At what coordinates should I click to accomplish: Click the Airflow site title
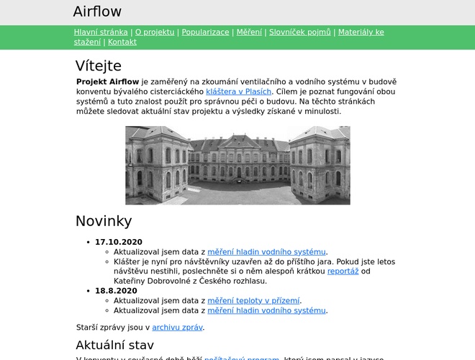(97, 12)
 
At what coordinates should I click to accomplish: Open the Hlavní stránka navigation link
(101, 32)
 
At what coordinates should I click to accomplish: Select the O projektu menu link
(155, 32)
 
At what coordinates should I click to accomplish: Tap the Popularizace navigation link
(205, 32)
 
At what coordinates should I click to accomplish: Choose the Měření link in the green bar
(249, 32)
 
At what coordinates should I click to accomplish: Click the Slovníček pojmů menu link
(300, 32)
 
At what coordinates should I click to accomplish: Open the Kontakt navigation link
(122, 42)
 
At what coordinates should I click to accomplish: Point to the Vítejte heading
(99, 66)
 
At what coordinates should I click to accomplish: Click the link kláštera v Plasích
(238, 91)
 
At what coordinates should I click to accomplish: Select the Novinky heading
(104, 221)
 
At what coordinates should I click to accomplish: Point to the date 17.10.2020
(119, 242)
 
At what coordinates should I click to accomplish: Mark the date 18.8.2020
(116, 291)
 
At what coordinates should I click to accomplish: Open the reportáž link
(343, 271)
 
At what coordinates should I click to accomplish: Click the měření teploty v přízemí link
(254, 301)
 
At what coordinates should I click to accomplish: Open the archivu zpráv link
(178, 328)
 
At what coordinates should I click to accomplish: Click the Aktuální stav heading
(115, 345)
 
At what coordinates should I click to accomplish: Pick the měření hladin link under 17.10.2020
(266, 252)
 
